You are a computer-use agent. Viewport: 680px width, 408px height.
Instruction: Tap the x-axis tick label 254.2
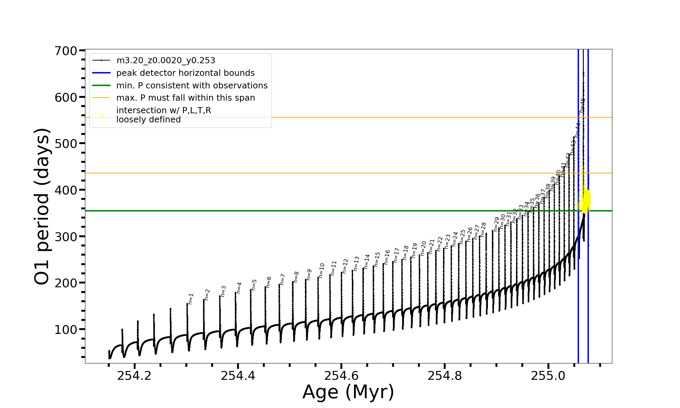point(134,376)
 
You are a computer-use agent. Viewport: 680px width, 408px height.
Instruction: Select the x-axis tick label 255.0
point(548,376)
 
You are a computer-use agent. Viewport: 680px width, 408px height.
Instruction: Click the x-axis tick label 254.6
point(341,376)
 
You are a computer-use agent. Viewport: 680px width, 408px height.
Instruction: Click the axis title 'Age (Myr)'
point(348,392)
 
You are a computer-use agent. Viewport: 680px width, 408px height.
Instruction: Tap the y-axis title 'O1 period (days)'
point(42,206)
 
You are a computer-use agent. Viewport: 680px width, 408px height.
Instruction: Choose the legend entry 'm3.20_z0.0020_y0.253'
point(166,61)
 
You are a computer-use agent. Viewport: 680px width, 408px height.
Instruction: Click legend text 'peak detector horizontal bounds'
point(185,73)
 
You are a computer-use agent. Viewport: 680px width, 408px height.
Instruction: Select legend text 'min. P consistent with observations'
point(192,86)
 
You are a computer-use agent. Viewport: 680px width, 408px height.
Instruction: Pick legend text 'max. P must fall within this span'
point(185,98)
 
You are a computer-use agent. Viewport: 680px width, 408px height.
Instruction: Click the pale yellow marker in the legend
point(101,116)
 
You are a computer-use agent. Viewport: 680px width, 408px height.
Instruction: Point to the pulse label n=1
point(191,299)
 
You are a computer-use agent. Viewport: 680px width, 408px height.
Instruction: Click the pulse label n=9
point(309,274)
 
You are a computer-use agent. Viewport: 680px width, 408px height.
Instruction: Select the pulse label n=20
point(423,248)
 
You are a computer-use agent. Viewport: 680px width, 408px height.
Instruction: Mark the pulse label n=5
point(254,285)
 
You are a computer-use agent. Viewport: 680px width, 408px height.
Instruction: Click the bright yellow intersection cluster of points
point(586,201)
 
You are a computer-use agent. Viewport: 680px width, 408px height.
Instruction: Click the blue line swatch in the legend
point(101,73)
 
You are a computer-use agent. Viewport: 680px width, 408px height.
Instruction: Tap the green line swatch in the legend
point(101,86)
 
